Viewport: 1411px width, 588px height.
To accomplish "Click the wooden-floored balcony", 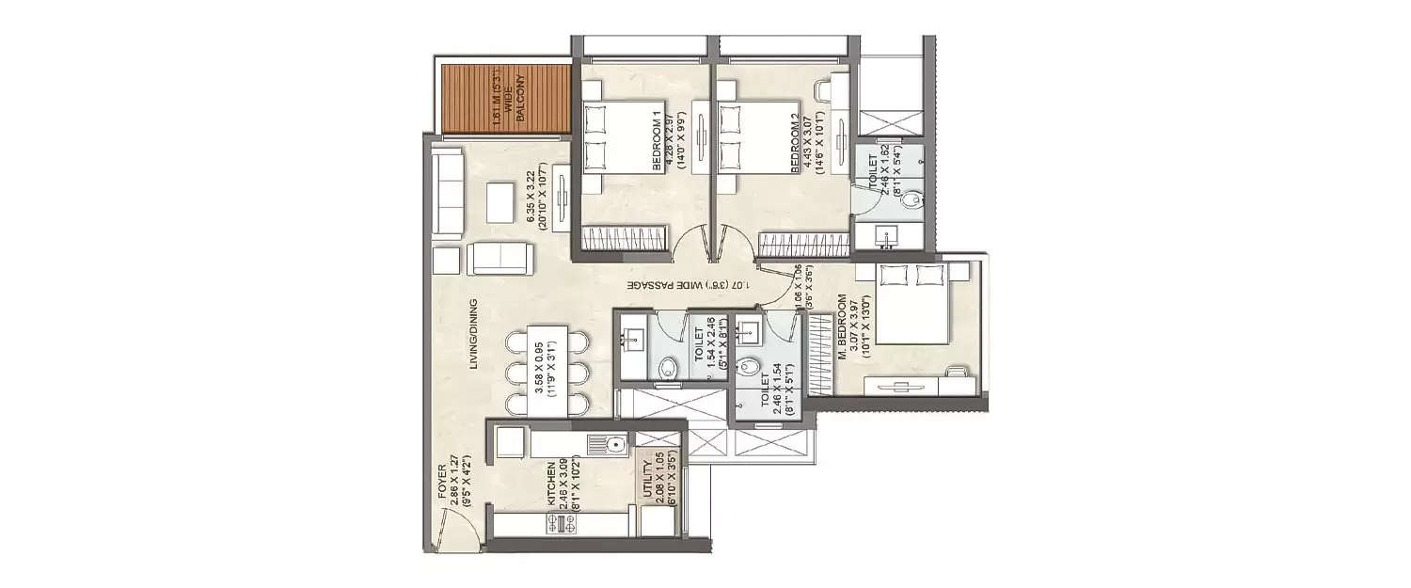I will [x=505, y=99].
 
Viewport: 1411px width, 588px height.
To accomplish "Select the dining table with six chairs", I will [x=547, y=372].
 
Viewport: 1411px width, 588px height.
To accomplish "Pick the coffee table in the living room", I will [x=499, y=198].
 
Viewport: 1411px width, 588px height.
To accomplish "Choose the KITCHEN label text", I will [x=553, y=488].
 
